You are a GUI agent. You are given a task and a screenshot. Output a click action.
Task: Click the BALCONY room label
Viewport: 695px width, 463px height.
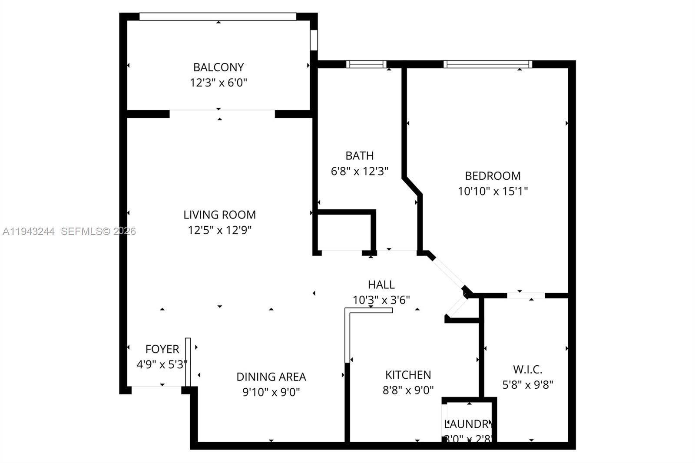coord(218,67)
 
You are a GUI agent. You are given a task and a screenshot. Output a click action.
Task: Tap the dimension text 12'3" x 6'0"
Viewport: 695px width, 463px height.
coord(218,83)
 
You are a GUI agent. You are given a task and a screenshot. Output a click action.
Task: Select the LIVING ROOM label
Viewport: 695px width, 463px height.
coord(219,215)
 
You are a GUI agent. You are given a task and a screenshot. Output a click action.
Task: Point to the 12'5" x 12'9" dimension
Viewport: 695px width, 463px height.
coord(219,230)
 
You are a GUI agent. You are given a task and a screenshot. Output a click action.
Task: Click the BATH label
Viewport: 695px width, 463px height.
coord(359,155)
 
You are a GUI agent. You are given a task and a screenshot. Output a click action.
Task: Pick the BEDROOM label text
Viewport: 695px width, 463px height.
coord(493,176)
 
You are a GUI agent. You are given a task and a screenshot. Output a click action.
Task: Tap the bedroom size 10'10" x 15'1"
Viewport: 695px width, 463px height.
coord(493,191)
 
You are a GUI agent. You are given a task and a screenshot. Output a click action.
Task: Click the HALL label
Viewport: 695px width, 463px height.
coord(381,284)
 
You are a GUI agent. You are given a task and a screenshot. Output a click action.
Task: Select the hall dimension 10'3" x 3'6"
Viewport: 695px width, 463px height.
coord(381,300)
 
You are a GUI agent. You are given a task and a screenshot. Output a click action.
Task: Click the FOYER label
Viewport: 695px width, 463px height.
coord(162,349)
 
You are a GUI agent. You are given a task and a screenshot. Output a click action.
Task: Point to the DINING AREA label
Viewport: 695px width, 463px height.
coord(271,377)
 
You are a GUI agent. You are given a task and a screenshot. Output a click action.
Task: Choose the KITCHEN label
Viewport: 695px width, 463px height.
coord(408,375)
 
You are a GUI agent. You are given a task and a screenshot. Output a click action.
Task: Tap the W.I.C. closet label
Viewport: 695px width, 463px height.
coord(527,370)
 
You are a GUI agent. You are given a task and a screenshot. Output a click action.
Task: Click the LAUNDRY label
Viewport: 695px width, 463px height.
coord(468,424)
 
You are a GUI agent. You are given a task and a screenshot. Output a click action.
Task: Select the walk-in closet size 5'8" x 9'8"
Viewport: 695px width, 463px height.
coord(527,385)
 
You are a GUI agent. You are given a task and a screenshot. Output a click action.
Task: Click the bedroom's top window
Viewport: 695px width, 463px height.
coord(488,64)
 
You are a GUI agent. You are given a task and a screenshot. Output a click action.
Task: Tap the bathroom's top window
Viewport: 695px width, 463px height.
coord(366,64)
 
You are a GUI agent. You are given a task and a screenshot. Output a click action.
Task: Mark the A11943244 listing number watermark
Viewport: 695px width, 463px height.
coord(29,231)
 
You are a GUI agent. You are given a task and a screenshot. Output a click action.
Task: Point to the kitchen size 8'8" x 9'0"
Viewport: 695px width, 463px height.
coord(408,390)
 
